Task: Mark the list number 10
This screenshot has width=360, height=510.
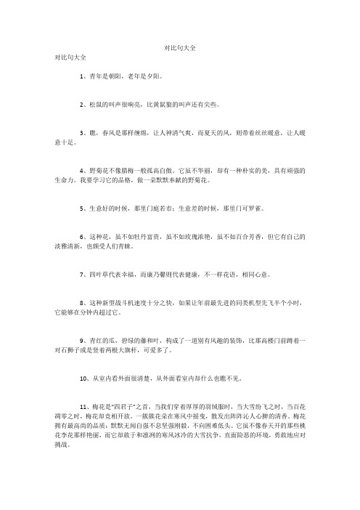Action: pos(83,378)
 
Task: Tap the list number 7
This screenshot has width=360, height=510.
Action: pos(82,277)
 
